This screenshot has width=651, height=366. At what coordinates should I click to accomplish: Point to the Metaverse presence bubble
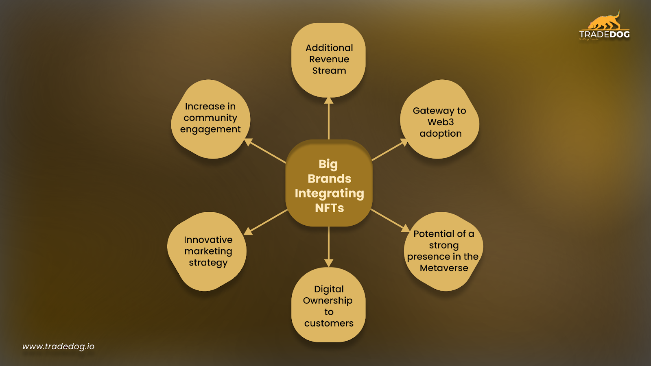coord(443,251)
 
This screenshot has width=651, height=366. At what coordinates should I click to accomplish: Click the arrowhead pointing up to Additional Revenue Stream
coord(329,100)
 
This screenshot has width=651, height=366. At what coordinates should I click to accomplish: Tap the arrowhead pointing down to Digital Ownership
coord(329,263)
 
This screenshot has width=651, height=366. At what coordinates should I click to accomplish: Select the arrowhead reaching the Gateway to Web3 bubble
coord(404,142)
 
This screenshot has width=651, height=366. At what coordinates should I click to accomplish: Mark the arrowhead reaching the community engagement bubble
coord(248,142)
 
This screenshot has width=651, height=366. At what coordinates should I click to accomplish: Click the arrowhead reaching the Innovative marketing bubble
coord(248,231)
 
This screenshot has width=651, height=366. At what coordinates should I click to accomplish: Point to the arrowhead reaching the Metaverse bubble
coord(406,228)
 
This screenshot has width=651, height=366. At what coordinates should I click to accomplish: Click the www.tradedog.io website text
coord(58,346)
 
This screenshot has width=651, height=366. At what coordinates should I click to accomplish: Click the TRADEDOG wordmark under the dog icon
coord(604,35)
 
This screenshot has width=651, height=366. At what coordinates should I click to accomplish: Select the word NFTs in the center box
coord(329,208)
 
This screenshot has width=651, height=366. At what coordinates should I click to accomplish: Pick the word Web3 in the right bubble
coord(440,122)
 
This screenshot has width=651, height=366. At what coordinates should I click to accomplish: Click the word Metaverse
coord(444,268)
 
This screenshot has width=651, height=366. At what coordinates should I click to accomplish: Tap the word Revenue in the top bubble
coord(329,59)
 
